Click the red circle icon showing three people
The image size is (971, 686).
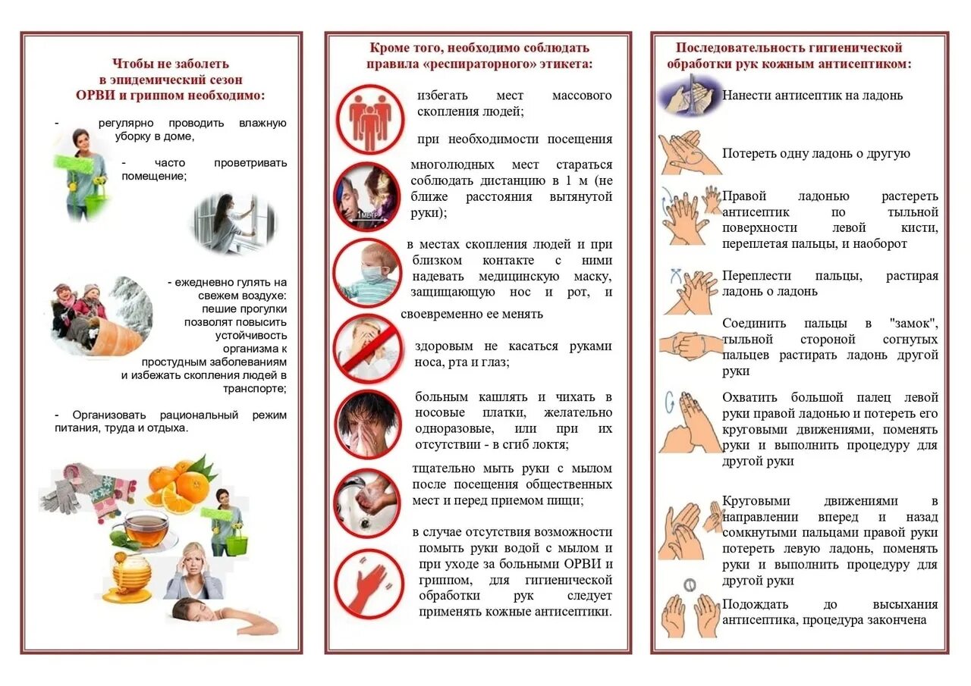(370, 118)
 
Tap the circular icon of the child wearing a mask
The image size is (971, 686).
(367, 272)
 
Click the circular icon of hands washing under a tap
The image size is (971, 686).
(367, 503)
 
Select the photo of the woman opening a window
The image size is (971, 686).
(232, 223)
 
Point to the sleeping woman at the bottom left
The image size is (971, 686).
(220, 616)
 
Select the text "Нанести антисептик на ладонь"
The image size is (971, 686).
(812, 96)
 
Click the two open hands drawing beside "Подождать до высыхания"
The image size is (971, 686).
(690, 613)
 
